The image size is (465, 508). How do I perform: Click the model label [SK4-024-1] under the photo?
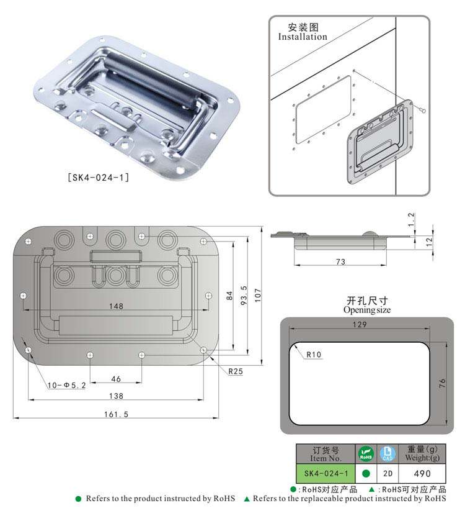98,178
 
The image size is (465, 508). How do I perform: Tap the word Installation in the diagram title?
303,37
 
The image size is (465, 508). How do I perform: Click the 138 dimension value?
116,396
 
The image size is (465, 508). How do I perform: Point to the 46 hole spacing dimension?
116,378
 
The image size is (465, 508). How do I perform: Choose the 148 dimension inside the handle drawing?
116,306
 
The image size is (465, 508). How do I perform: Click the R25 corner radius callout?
236,372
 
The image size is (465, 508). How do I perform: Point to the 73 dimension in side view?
340,262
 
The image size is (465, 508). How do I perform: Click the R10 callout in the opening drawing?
314,355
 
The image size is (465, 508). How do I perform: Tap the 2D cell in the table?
387,473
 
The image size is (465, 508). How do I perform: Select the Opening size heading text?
367,309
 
